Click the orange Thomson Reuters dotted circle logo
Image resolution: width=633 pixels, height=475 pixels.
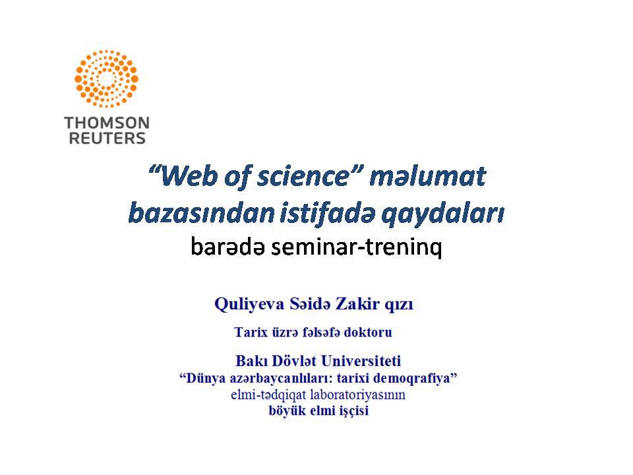pos(107,79)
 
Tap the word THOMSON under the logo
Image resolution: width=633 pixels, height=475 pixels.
pos(107,123)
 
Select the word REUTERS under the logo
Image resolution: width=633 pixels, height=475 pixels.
pos(107,138)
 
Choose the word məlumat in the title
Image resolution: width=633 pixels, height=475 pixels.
pos(427,177)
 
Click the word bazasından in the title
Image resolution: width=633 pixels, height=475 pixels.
pos(201,213)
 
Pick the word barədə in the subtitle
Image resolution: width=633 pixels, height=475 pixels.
pos(227,246)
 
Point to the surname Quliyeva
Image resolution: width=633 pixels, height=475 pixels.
pos(249,304)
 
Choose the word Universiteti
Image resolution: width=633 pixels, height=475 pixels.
pos(361,361)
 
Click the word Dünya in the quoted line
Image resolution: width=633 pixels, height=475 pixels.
pos(202,379)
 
